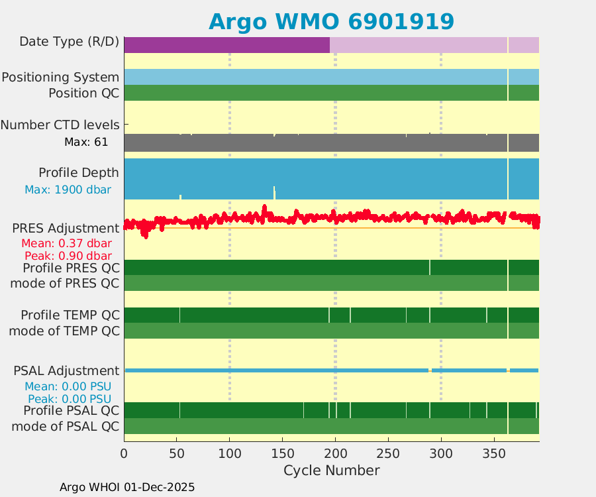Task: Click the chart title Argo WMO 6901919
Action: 331,21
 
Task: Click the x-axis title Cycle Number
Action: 331,470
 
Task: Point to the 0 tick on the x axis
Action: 124,453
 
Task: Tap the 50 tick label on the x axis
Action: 177,453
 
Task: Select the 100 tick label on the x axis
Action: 230,453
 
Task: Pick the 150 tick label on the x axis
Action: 283,453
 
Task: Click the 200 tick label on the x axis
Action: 335,453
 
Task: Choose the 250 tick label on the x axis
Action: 388,453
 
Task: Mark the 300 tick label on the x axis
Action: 441,453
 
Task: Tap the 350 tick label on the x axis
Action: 494,453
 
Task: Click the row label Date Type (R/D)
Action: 70,42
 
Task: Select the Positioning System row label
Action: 60,78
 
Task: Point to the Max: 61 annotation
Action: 86,142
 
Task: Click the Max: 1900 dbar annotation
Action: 68,190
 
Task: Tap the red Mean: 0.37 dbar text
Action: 66,243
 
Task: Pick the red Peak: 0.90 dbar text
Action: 68,256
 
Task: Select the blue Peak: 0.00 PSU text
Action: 70,399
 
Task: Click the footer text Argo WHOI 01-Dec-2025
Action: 127,487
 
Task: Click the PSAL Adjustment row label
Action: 66,370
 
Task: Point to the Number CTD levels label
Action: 60,125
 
